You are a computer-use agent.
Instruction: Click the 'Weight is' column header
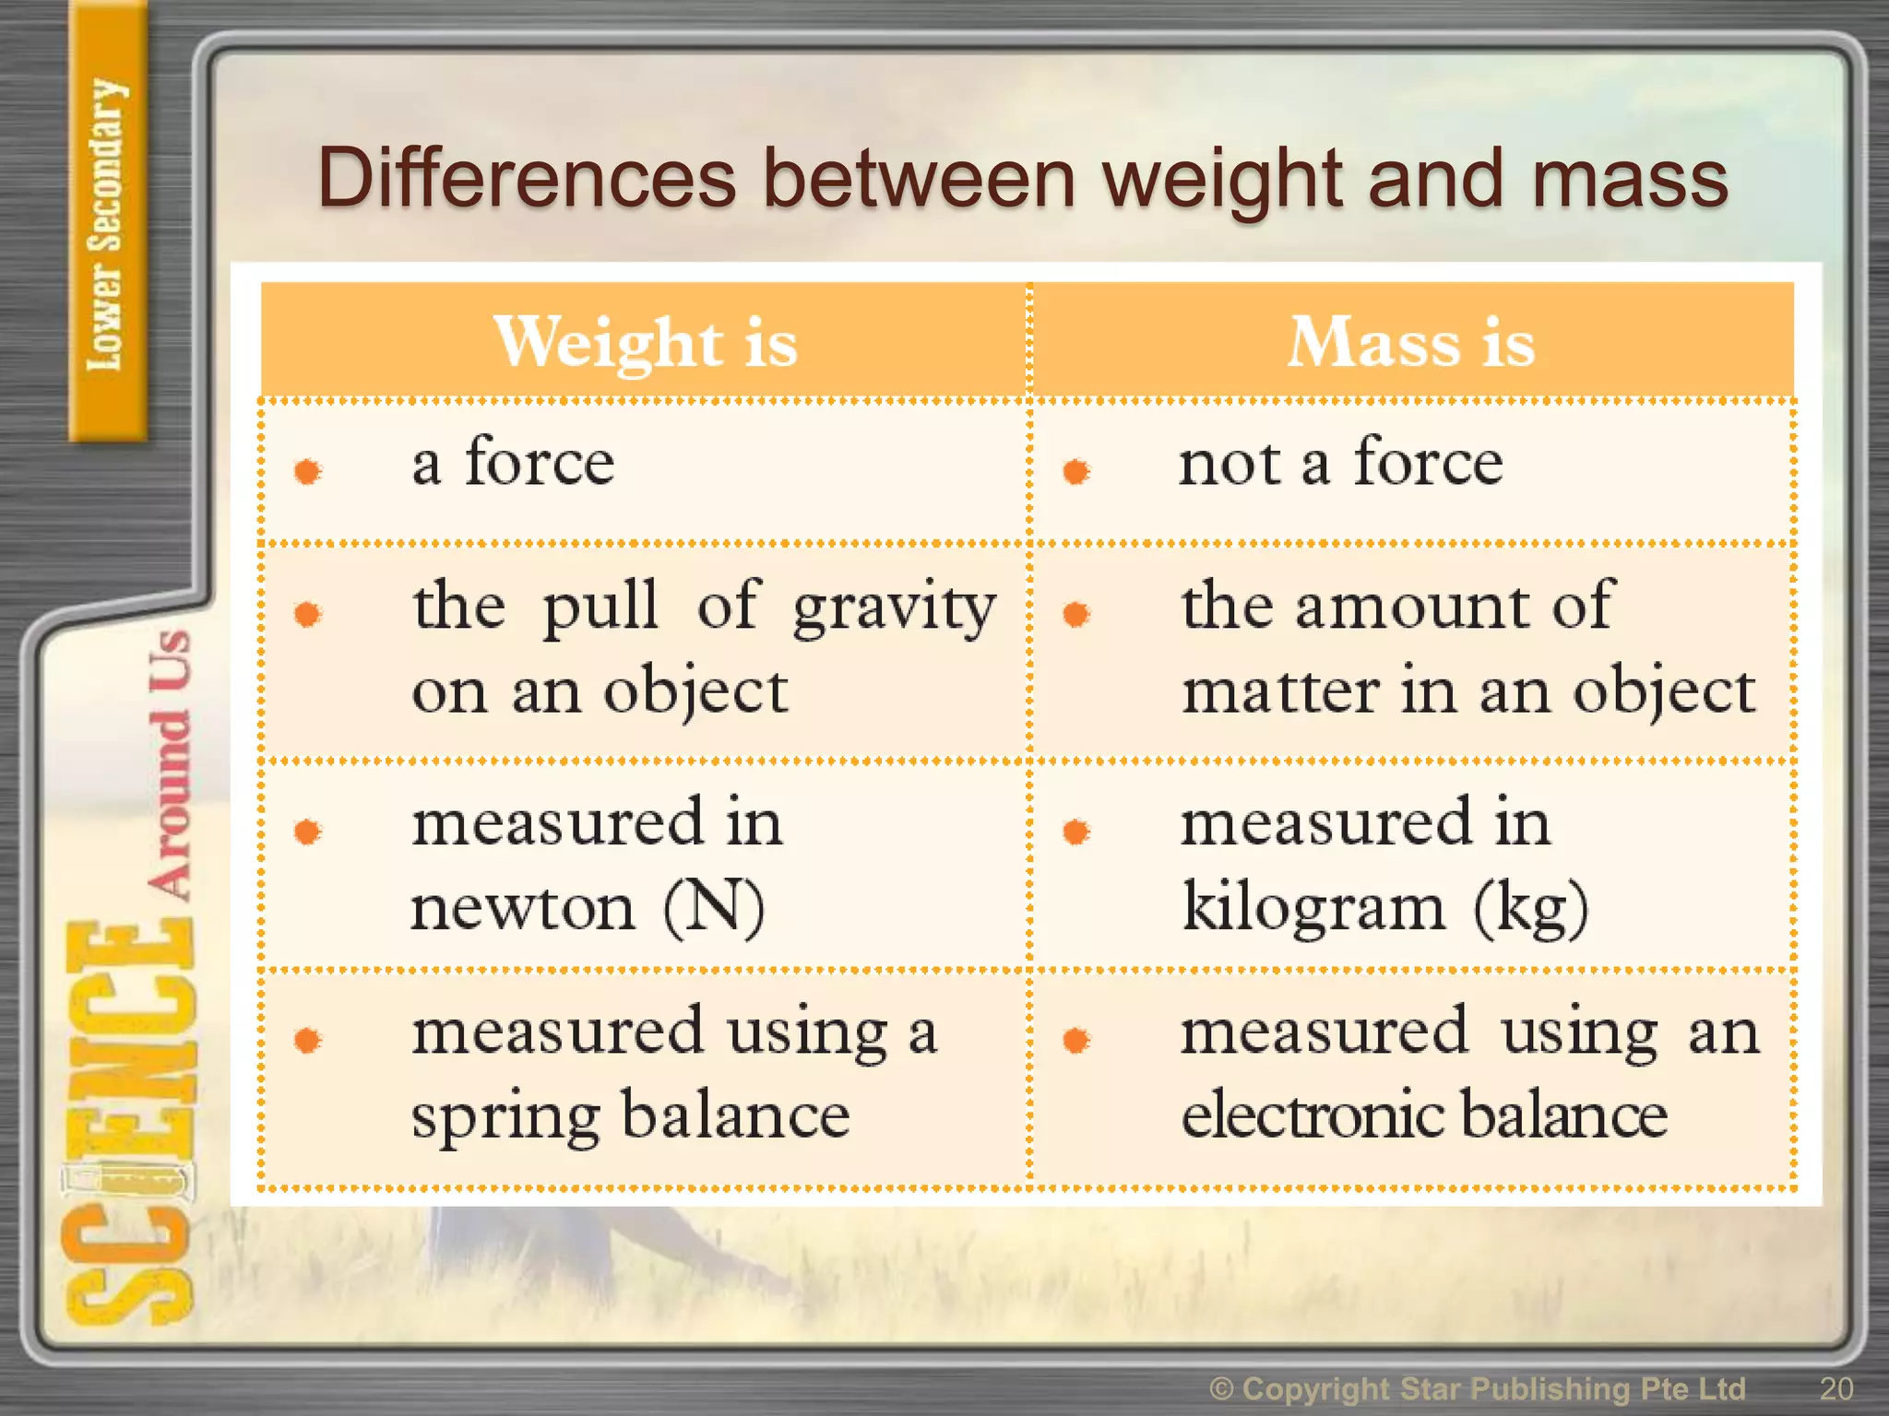click(645, 343)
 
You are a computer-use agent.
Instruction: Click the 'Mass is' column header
click(1411, 343)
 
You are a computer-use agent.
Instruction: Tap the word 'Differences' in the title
click(527, 179)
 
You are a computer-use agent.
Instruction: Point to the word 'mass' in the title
click(1630, 179)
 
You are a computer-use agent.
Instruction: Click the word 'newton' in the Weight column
click(523, 909)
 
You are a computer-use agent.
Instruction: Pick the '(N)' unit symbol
click(714, 909)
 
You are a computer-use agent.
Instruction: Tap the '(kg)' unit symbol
click(1531, 909)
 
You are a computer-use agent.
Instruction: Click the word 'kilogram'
click(1313, 909)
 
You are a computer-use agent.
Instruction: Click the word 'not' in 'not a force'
click(1230, 465)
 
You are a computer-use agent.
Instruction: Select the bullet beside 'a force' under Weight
click(307, 471)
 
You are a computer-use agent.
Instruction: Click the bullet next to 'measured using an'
click(1075, 1041)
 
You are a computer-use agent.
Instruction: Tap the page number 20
click(1836, 1388)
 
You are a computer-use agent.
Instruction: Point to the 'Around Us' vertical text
click(171, 763)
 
